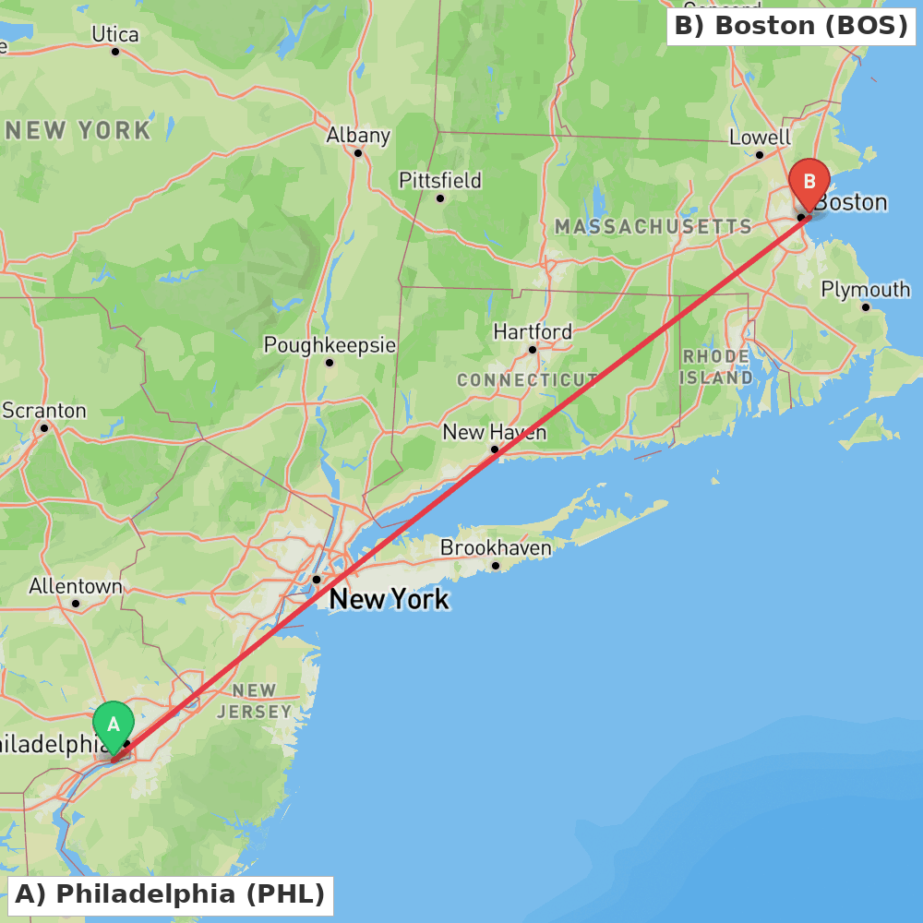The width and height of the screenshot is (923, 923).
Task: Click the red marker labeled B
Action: [809, 180]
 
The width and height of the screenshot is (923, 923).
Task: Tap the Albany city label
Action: [358, 135]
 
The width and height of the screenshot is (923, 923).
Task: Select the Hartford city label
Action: [533, 331]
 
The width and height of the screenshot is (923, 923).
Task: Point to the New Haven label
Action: [494, 432]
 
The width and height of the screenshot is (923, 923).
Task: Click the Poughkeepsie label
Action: [330, 345]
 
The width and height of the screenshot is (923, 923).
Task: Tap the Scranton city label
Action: [44, 411]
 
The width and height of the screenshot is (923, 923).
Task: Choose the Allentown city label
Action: [76, 586]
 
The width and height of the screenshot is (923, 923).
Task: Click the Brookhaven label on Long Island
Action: [496, 547]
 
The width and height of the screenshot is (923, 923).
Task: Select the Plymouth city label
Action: [866, 290]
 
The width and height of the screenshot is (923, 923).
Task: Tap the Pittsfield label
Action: [440, 180]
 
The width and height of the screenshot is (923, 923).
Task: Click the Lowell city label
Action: [760, 138]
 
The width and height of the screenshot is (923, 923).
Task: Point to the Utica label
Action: [115, 34]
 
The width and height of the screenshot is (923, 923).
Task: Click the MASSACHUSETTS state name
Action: [653, 227]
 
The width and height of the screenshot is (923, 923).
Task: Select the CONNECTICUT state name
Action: [528, 380]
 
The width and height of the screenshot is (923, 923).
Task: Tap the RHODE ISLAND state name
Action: [716, 366]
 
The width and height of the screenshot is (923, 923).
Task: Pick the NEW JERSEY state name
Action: [255, 701]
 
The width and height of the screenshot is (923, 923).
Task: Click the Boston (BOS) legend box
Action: [791, 26]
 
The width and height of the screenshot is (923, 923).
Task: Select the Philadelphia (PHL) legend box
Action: [171, 894]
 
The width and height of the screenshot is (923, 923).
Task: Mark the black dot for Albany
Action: [358, 152]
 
